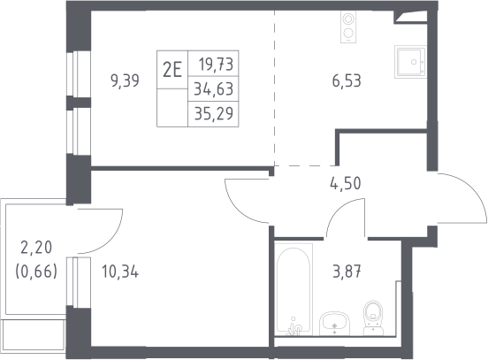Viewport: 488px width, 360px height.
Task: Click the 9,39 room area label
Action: tap(125, 81)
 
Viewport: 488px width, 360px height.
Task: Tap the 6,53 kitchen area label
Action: tap(347, 81)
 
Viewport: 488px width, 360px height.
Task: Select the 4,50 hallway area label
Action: tap(346, 183)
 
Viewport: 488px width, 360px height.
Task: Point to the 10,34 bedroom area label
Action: tap(120, 272)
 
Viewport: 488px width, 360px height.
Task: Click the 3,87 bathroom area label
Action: tap(347, 272)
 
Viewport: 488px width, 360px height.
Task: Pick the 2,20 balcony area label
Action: tap(36, 248)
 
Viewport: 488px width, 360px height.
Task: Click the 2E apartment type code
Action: tap(172, 70)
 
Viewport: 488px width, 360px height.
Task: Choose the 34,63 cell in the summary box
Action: tap(214, 88)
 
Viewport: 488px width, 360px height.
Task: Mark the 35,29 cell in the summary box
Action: tap(214, 113)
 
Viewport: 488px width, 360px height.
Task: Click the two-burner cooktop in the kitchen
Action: tap(348, 27)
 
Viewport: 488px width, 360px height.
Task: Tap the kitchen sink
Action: tap(410, 62)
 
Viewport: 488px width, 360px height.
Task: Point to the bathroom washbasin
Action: tap(334, 323)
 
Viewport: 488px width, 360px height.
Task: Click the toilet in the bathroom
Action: tap(373, 318)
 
